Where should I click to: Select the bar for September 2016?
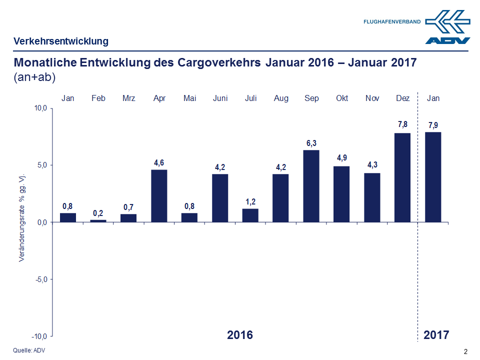[x=311, y=186]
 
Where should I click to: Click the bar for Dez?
[x=403, y=177]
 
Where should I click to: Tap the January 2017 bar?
[x=433, y=177]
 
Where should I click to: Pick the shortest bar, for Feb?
[x=98, y=220]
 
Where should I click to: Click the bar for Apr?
[x=159, y=196]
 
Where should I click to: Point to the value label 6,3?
[x=311, y=143]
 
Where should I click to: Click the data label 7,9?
[x=433, y=125]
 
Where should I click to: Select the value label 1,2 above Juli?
[x=250, y=201]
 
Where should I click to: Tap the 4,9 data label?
[x=342, y=158]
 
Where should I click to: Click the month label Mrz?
[x=128, y=98]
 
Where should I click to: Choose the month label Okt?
[x=342, y=98]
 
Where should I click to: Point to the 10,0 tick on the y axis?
[x=40, y=108]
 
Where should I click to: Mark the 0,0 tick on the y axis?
[x=41, y=222]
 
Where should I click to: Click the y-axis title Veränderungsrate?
[x=22, y=218]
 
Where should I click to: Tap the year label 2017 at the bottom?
[x=436, y=334]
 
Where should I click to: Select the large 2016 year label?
[x=240, y=334]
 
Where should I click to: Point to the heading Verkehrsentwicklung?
[x=60, y=41]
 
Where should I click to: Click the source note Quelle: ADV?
[x=29, y=350]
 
